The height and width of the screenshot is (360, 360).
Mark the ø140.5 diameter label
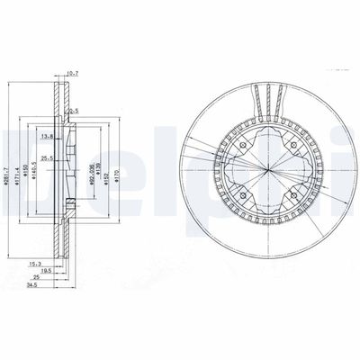[34, 174]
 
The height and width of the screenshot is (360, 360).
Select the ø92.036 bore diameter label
[94, 172]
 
